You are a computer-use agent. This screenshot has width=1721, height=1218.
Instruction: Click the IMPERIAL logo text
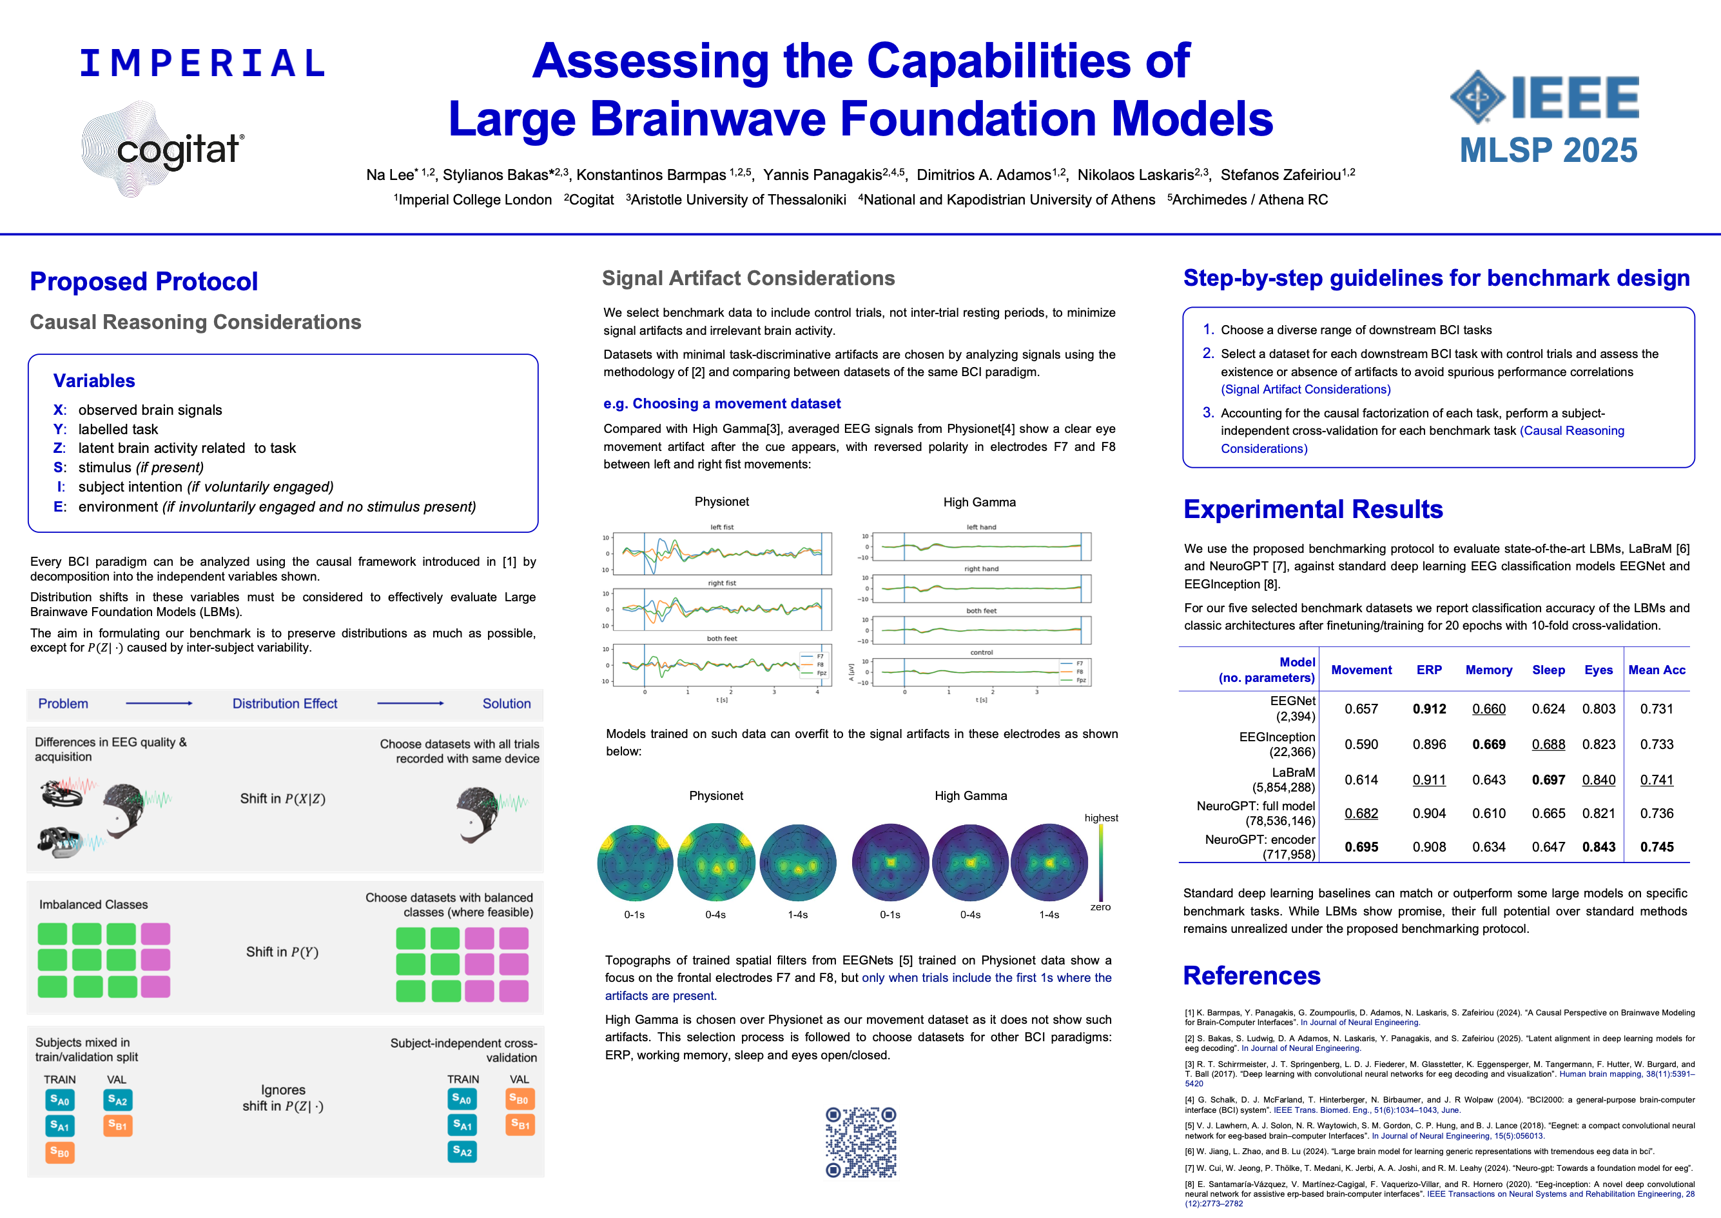click(x=202, y=63)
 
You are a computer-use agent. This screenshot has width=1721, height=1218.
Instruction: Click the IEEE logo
click(x=1545, y=97)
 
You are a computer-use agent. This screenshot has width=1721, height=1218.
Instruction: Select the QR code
click(x=860, y=1141)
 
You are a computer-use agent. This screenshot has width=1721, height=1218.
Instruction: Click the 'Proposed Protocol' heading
click(x=144, y=281)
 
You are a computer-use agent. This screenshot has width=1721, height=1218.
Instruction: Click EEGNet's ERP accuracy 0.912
click(x=1428, y=709)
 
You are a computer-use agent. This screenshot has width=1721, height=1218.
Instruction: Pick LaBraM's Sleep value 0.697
click(x=1548, y=780)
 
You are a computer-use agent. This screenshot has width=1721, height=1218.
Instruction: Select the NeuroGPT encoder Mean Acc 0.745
click(x=1657, y=847)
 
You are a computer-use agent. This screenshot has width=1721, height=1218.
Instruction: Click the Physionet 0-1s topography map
click(x=635, y=863)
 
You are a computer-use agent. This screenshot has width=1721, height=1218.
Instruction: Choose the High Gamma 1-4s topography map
click(x=1049, y=863)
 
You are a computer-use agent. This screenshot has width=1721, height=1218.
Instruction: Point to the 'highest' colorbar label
click(x=1101, y=817)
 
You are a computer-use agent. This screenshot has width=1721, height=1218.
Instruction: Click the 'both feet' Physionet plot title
click(x=722, y=638)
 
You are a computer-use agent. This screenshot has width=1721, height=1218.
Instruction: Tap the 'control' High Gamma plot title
click(x=981, y=652)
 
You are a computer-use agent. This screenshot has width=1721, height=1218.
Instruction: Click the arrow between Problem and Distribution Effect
click(x=159, y=703)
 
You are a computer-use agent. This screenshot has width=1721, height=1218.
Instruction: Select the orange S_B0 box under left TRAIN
click(x=59, y=1152)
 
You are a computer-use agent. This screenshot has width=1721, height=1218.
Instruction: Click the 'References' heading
click(x=1252, y=975)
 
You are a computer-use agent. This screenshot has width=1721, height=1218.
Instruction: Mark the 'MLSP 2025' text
click(x=1548, y=150)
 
